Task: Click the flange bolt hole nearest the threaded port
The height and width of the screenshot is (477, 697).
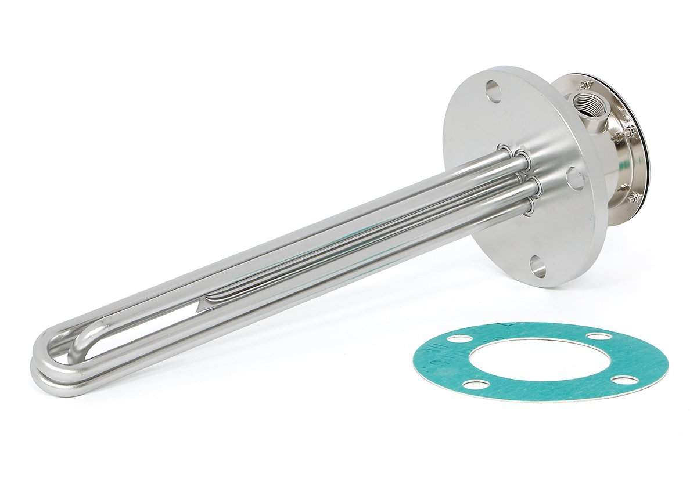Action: (x=493, y=91)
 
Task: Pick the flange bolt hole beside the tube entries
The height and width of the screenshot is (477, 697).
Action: (x=574, y=178)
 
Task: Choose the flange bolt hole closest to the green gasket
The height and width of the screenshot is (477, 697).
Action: (x=538, y=267)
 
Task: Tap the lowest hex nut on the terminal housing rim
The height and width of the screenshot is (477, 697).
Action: (x=633, y=197)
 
